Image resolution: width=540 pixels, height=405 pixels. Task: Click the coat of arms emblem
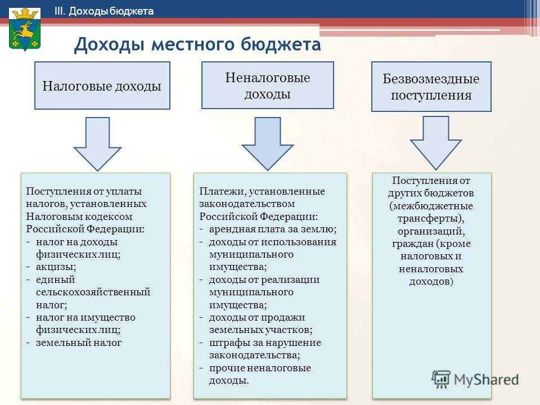[x=24, y=30]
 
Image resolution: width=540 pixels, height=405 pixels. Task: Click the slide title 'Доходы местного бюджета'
[x=197, y=44]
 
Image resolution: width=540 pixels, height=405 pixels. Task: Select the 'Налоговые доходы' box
[x=102, y=85]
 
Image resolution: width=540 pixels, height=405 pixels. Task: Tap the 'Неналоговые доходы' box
[x=268, y=85]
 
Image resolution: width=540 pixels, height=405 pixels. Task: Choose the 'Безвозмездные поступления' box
[x=431, y=87]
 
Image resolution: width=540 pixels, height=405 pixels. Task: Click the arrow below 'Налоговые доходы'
[x=97, y=144]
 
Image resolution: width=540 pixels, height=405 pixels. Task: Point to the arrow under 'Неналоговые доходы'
[x=268, y=143]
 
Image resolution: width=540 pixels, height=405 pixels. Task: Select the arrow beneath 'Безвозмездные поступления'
[x=435, y=143]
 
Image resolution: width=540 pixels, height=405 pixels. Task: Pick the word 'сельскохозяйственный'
[x=93, y=292]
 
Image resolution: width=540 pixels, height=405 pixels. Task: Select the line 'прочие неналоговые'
[x=260, y=368]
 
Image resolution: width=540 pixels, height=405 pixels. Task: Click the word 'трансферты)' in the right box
[x=431, y=218]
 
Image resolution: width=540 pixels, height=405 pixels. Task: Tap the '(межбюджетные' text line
[x=431, y=206]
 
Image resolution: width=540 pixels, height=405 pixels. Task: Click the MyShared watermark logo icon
[x=441, y=379]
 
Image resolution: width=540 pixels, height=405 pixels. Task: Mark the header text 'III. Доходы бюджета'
[x=104, y=11]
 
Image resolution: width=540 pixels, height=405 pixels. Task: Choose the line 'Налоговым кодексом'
[x=79, y=217]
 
